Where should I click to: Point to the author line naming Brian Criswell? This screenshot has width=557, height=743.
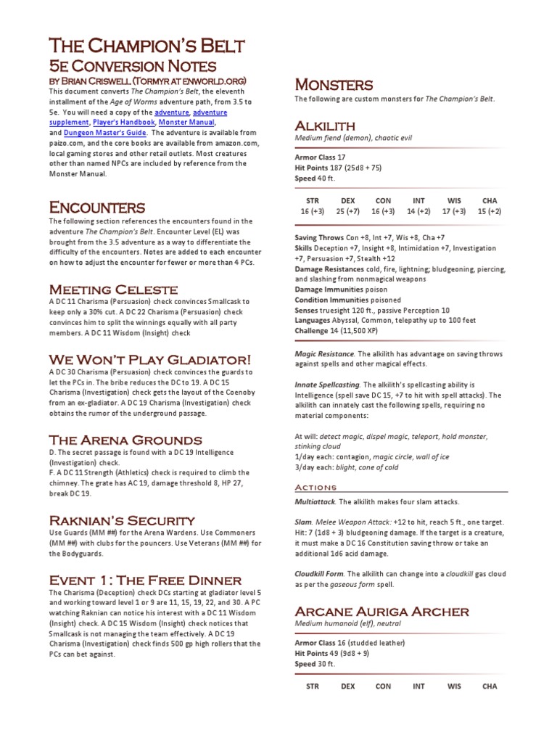click(x=148, y=80)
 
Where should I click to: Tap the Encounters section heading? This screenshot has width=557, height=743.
click(x=97, y=208)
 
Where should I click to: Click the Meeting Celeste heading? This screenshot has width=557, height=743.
click(x=112, y=289)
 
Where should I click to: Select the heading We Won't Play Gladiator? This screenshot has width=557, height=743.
click(x=150, y=360)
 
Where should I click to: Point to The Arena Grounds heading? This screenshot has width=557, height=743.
click(x=125, y=440)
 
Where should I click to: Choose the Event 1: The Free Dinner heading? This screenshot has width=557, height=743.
click(x=144, y=580)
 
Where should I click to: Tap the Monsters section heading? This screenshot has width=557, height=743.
click(x=333, y=85)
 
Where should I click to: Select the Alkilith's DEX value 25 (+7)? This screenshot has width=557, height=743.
click(x=347, y=211)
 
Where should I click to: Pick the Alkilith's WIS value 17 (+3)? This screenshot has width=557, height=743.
click(x=454, y=211)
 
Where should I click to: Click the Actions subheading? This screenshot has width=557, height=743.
click(x=315, y=487)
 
